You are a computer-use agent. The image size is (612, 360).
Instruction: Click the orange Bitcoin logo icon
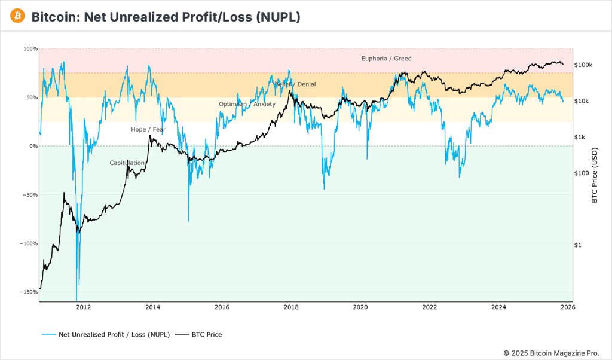(17, 16)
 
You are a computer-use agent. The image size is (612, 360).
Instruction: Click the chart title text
(166, 17)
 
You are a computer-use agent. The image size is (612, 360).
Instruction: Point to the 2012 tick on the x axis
(84, 307)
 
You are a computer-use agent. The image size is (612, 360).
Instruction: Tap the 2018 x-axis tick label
(291, 307)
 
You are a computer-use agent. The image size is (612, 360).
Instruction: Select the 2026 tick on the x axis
(568, 307)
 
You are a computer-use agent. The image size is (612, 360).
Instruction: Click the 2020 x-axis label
(360, 307)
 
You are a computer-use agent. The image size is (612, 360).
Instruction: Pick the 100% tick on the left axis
(30, 48)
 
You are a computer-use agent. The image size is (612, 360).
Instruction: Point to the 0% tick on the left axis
(33, 146)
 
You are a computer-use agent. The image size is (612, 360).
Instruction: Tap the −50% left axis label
(29, 195)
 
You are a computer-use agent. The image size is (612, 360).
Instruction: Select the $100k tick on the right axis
(583, 65)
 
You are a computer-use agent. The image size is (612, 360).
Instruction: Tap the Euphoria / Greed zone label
(386, 59)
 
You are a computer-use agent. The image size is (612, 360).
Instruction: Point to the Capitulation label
(127, 163)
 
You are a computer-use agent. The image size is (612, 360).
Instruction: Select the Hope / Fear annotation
(148, 129)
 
